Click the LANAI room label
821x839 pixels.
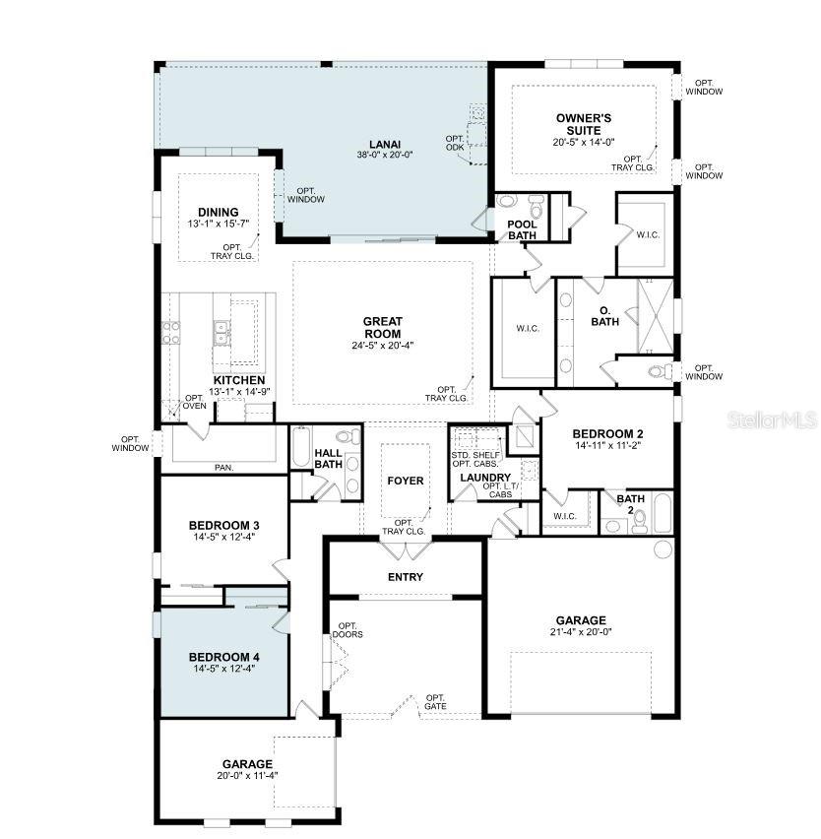point(385,142)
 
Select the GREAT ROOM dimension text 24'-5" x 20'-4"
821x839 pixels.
point(384,346)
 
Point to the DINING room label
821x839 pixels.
point(218,212)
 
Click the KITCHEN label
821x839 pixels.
point(238,380)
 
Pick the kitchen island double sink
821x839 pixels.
point(223,333)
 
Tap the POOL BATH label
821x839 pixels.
point(522,229)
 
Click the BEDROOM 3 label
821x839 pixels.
point(224,525)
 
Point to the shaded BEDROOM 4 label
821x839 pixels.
point(224,657)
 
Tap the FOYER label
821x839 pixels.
point(405,482)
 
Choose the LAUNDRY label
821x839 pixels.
point(483,478)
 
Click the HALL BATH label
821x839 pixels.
point(328,459)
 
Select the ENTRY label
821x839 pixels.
point(406,577)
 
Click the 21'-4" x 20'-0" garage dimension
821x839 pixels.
point(580,633)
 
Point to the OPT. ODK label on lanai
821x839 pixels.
point(454,143)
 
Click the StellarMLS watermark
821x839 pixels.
point(772,420)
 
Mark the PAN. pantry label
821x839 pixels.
point(223,468)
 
